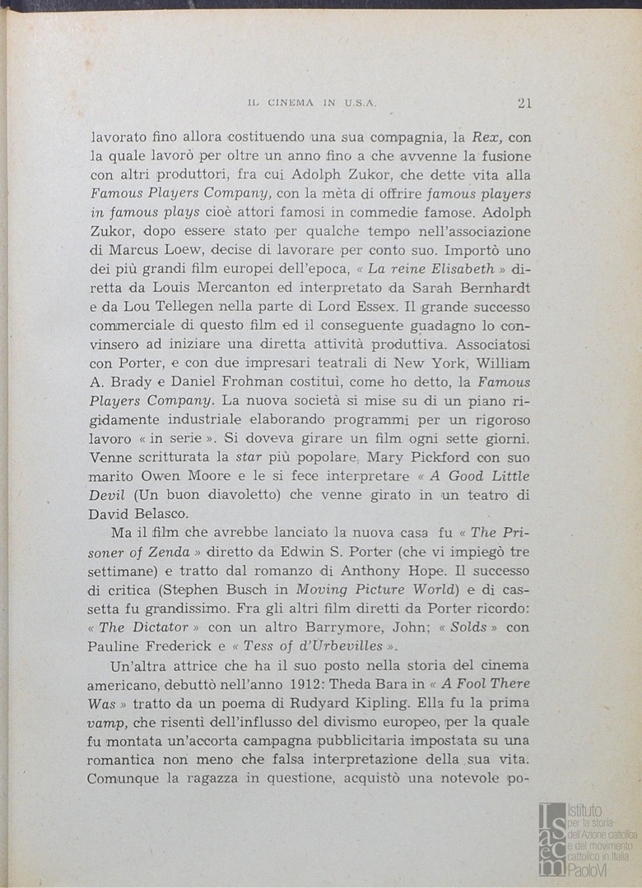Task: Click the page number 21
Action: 524,103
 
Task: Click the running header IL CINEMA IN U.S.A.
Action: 312,104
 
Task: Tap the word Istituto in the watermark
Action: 585,810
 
